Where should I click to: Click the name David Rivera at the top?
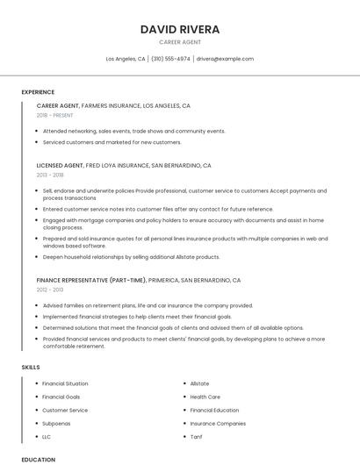180,29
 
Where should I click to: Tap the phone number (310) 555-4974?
170,59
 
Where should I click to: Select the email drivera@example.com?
225,59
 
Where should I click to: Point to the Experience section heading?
38,92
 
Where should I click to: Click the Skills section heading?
31,367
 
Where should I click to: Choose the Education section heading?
39,459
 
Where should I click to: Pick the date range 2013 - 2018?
50,175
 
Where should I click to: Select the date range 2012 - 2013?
50,290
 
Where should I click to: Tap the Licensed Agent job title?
60,165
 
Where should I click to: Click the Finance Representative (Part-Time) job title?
90,280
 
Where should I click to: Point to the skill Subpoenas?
56,423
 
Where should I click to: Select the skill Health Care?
205,397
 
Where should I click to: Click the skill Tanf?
196,436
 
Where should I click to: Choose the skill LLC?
47,436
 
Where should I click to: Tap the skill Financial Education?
214,410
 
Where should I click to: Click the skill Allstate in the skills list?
199,383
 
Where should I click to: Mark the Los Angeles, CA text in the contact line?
126,59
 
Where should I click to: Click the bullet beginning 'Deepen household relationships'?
131,257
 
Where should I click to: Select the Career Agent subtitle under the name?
180,42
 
